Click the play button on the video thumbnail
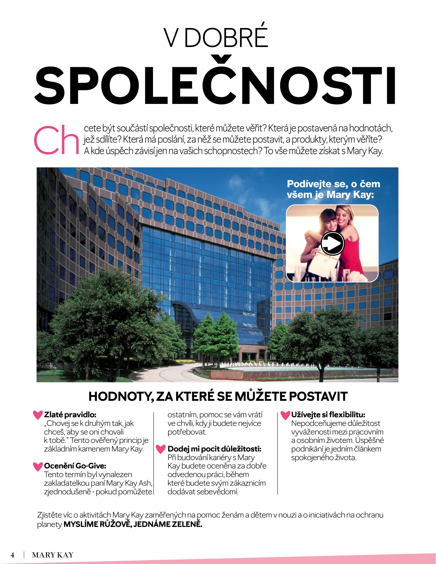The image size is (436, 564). pos(332,243)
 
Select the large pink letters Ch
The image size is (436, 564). pos(56,140)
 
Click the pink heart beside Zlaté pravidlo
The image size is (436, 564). pos(38,415)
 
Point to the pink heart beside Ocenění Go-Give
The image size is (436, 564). pos(38,466)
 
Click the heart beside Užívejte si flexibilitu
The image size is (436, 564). pos(285,415)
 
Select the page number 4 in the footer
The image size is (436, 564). pos(12,555)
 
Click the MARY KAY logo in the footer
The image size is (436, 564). pos(53,555)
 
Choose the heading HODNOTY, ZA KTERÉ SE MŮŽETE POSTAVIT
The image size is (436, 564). pos(218,396)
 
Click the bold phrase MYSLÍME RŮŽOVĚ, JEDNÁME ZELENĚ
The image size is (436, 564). pos(133,524)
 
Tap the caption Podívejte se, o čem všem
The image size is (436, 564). pos(333,189)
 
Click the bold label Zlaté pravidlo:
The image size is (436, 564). pos(70,415)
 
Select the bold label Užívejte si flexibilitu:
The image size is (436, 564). pos(328,415)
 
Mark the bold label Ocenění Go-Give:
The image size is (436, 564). pos(75,466)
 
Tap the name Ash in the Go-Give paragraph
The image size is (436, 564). pos(145,483)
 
